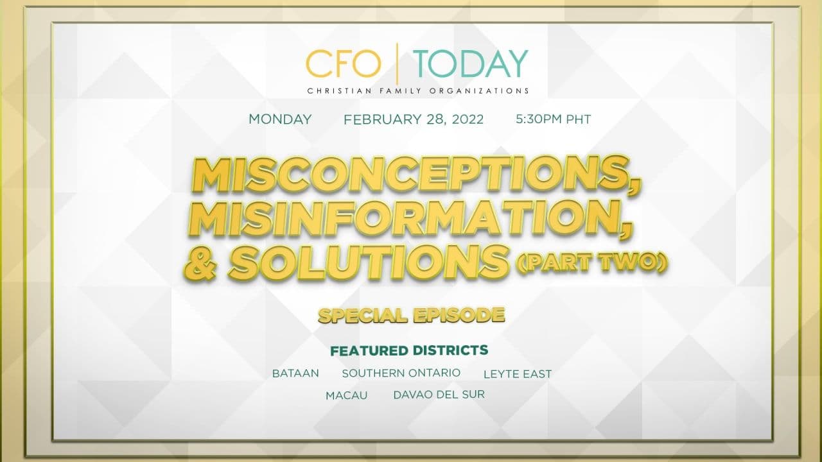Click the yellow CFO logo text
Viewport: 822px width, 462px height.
(343, 64)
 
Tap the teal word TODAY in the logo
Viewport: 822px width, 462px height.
(471, 64)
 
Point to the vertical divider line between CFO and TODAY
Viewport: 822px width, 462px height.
(397, 64)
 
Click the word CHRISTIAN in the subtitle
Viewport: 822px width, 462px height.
(335, 90)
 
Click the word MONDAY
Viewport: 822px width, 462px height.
(280, 119)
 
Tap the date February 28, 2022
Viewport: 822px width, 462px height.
(414, 119)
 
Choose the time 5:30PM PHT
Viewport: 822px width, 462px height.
(553, 119)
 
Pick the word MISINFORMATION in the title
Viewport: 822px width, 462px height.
(410, 218)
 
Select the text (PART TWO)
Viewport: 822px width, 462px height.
(591, 262)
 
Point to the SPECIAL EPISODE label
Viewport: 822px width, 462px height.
(412, 316)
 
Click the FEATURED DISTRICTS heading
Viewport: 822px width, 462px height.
(409, 350)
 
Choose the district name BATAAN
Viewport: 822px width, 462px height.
(295, 373)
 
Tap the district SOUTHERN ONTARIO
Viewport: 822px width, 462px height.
(401, 373)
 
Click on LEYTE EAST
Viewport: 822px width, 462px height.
(518, 374)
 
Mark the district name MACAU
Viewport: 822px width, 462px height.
(346, 396)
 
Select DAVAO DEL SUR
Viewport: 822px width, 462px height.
(439, 395)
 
